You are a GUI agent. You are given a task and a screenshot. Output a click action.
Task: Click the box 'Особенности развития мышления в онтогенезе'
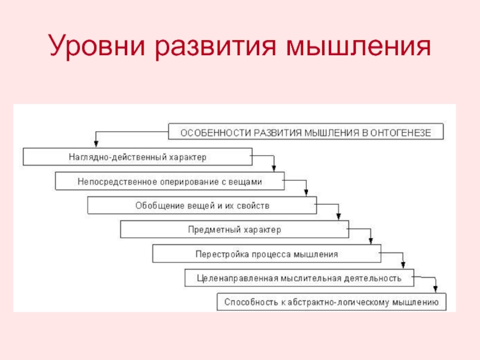306,132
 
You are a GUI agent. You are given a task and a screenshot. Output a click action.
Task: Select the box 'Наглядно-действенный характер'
137,157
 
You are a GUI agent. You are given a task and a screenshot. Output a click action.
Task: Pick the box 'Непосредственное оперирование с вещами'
170,181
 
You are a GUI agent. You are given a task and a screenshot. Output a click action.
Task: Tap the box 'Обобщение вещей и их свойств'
202,205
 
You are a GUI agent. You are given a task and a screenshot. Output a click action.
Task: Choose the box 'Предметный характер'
235,229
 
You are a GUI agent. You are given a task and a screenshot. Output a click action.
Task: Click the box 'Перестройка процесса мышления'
267,254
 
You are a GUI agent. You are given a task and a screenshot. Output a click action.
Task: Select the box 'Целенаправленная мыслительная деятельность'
299,278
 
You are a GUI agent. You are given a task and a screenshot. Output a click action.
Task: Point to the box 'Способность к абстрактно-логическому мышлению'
331,302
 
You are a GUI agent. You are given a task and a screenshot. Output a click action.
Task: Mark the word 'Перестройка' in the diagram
217,254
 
